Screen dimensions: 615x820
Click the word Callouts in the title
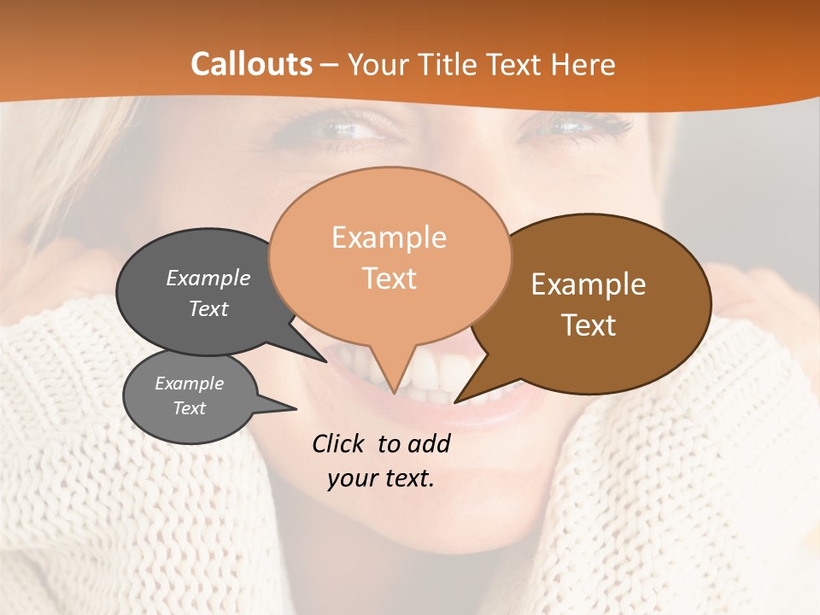pyautogui.click(x=251, y=64)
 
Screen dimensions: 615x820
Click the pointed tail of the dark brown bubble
pyautogui.click(x=461, y=398)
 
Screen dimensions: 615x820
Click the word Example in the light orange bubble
pyautogui.click(x=389, y=237)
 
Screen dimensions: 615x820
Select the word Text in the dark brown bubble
pyautogui.click(x=589, y=325)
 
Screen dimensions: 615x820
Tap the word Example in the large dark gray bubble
pyautogui.click(x=208, y=278)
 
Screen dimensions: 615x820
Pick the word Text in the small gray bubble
pyautogui.click(x=189, y=408)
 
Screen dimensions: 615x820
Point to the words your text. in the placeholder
pyautogui.click(x=381, y=478)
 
